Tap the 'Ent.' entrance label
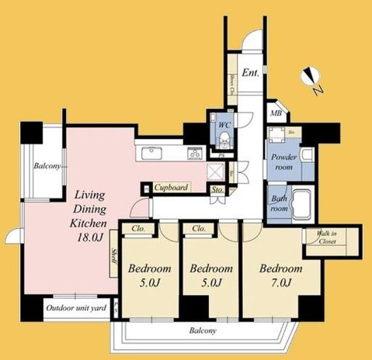pos(250,74)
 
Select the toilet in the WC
pos(222,140)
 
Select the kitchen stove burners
pos(195,153)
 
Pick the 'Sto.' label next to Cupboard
pos(217,189)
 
